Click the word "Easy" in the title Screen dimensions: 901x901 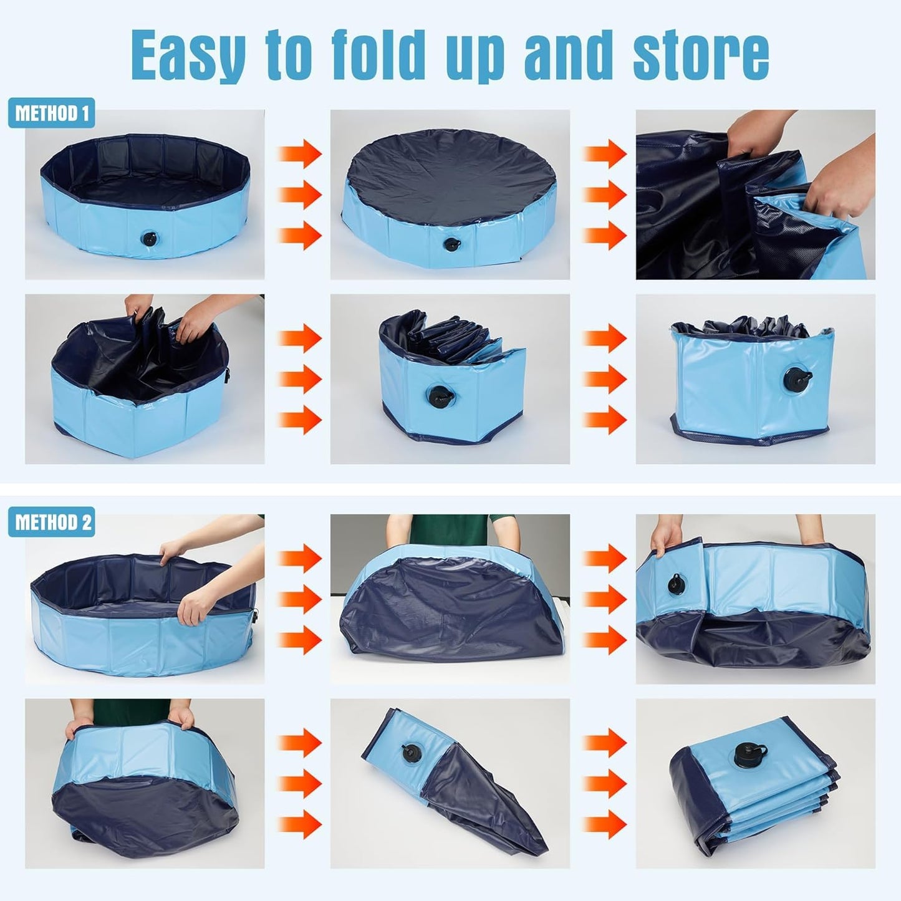pyautogui.click(x=188, y=55)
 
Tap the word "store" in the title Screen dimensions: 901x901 pyautogui.click(x=700, y=55)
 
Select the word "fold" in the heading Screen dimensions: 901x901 pyautogui.click(x=377, y=55)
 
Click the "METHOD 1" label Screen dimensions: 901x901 pyautogui.click(x=51, y=113)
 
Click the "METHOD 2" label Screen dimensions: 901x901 pyautogui.click(x=51, y=522)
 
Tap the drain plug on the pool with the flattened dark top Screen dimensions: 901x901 pyautogui.click(x=451, y=244)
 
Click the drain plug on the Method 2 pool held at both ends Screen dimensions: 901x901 pyautogui.click(x=676, y=584)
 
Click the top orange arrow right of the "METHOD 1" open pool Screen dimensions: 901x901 pyautogui.click(x=300, y=153)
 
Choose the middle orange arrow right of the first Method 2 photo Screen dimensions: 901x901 pyautogui.click(x=300, y=599)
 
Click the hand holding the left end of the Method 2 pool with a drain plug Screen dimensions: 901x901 pyautogui.click(x=667, y=537)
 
